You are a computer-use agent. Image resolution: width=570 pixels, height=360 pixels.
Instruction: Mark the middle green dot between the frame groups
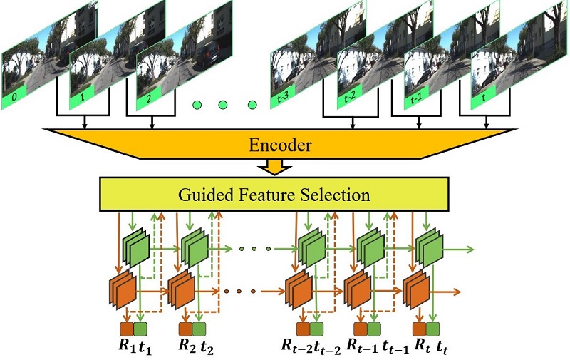pyautogui.click(x=223, y=106)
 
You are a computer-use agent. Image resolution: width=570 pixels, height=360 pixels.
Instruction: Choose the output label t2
pyautogui.click(x=206, y=348)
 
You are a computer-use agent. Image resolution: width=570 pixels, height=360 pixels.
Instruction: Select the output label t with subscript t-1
pyautogui.click(x=389, y=348)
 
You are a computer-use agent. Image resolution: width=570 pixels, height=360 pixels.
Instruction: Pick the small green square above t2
pyautogui.click(x=199, y=329)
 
